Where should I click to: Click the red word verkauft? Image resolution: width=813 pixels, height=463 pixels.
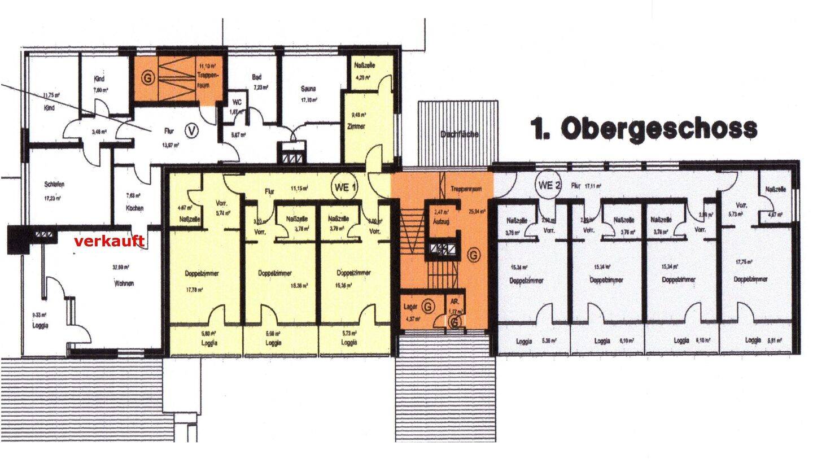[x=109, y=241]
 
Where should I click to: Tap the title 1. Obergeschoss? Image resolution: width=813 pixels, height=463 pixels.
[x=644, y=129]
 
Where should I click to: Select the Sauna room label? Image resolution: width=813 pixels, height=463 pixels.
[x=308, y=89]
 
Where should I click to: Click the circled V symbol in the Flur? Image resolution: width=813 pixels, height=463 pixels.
[x=193, y=131]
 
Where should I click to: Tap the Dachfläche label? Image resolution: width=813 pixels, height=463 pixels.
[x=460, y=134]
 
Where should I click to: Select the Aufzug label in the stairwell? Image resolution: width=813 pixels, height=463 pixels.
[x=441, y=222]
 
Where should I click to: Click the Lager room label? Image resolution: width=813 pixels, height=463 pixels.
[x=410, y=307]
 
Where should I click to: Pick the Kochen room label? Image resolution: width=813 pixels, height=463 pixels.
[x=134, y=208]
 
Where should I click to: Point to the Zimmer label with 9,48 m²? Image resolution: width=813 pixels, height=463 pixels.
[x=357, y=126]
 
